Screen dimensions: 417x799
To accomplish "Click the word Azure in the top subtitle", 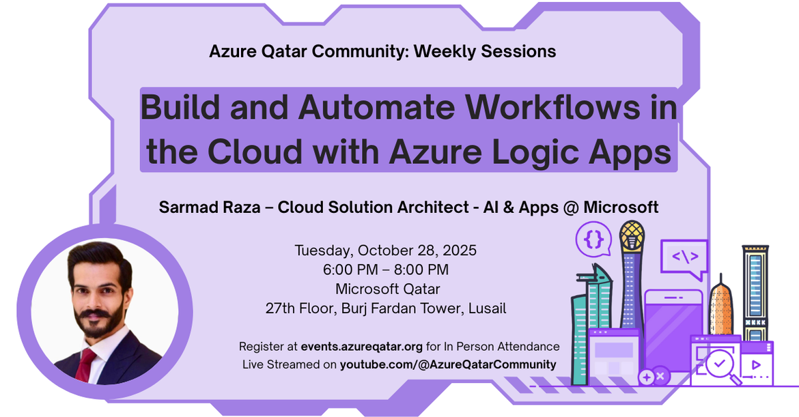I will coord(234,51).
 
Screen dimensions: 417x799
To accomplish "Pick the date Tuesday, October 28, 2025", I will coord(386,250).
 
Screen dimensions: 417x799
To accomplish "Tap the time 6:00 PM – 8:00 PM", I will coord(386,270).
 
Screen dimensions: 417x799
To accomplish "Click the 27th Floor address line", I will coord(386,308).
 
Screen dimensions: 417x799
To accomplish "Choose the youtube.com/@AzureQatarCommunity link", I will coord(448,364).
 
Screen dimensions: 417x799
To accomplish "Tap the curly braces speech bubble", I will coord(593,239).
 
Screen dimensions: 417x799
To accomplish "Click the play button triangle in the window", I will coord(756,364).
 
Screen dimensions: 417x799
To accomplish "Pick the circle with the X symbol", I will coord(660,375).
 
